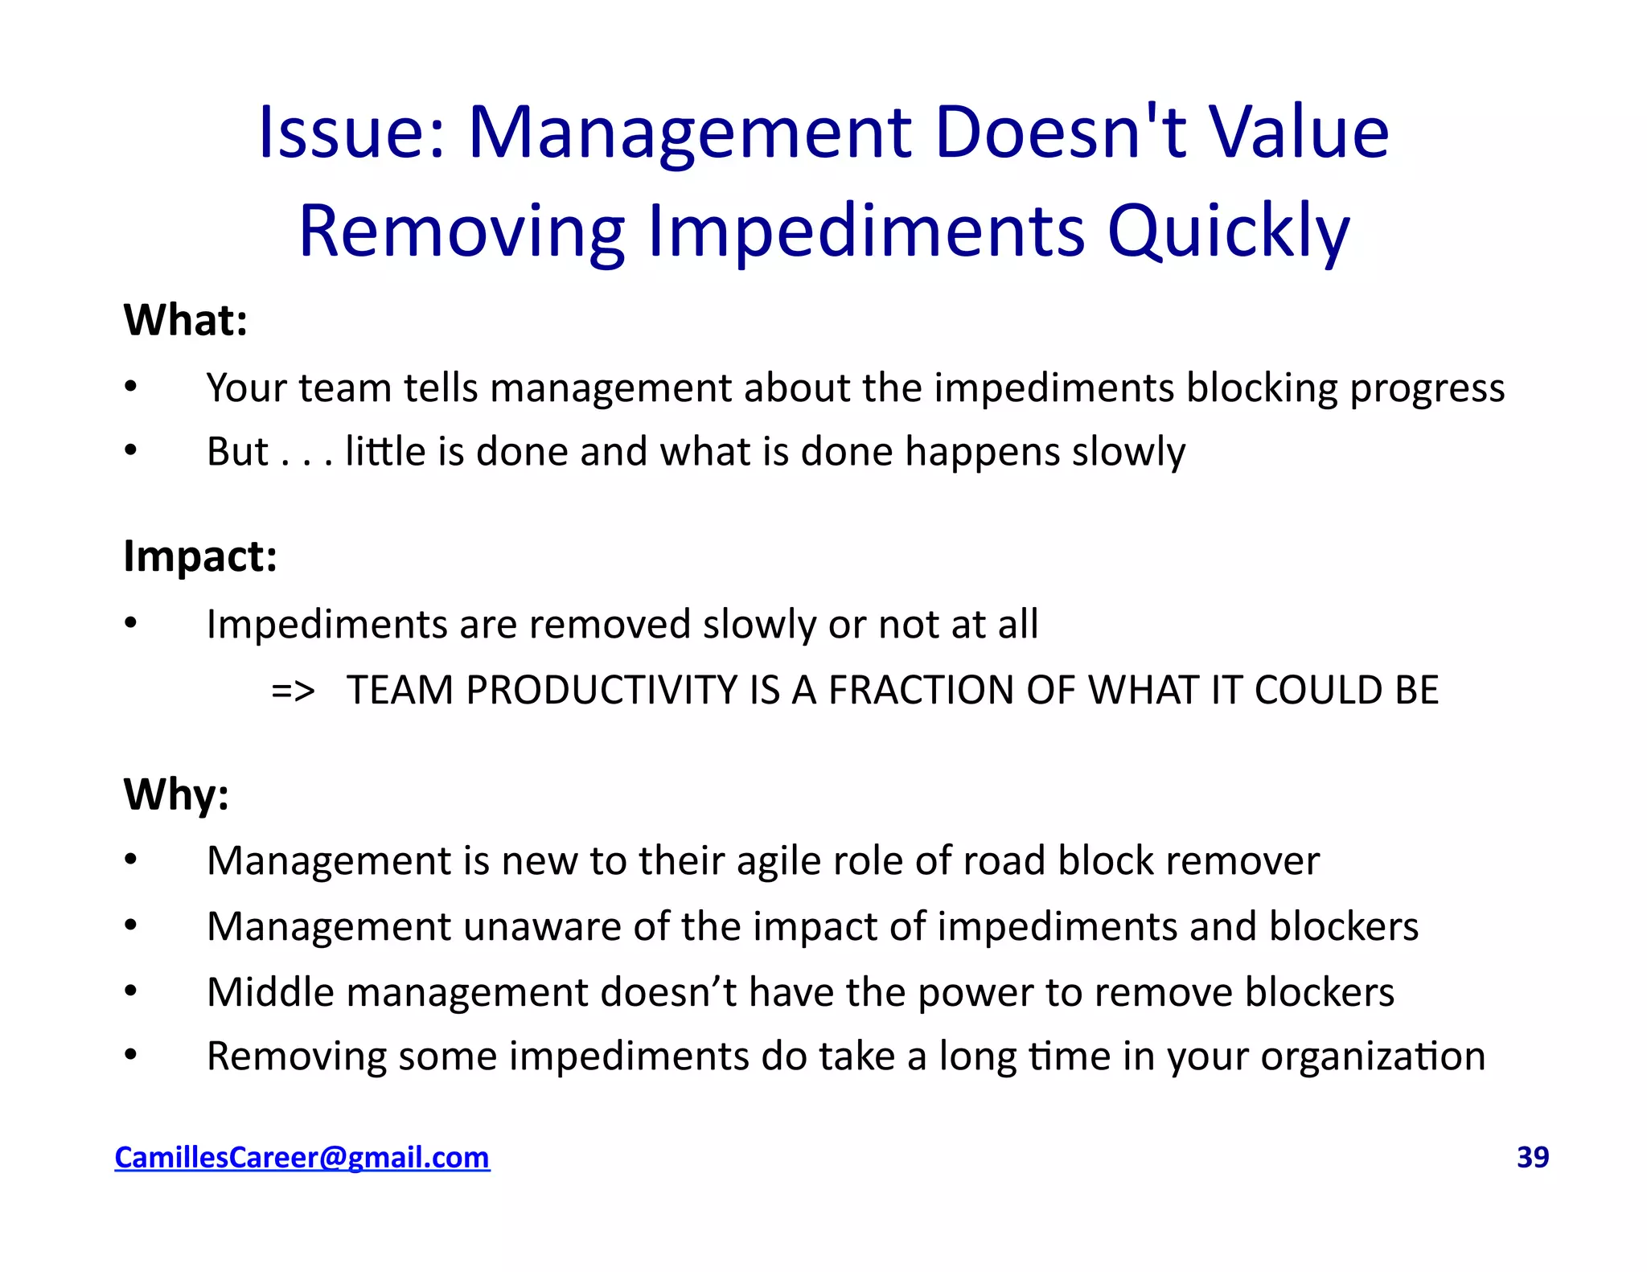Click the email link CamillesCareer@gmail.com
(302, 1157)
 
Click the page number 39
(1532, 1157)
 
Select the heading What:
(185, 320)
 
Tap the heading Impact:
(200, 556)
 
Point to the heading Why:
(176, 794)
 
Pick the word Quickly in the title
(1228, 232)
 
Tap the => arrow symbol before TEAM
(293, 691)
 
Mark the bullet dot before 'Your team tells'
(131, 387)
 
